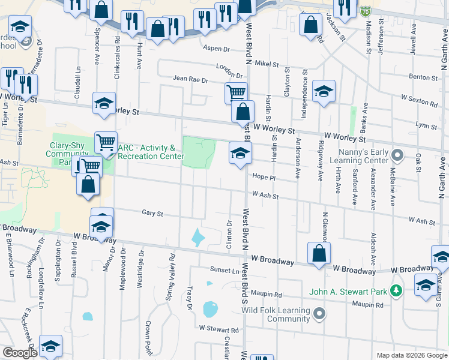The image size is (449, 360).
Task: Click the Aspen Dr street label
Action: point(217,49)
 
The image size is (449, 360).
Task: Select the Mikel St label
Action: point(267,64)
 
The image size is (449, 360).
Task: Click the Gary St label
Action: point(152,212)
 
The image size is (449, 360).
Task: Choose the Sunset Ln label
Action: point(223,270)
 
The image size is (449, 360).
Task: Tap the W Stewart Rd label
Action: point(218,329)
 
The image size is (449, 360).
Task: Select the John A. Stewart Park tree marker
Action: point(396,292)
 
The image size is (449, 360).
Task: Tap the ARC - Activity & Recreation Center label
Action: point(150,152)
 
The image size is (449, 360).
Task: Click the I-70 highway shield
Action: point(366,10)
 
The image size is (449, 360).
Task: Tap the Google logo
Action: point(20,353)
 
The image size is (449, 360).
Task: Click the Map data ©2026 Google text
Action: point(411,355)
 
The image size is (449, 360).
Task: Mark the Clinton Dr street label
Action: point(229,235)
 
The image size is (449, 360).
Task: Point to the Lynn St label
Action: point(426,125)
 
